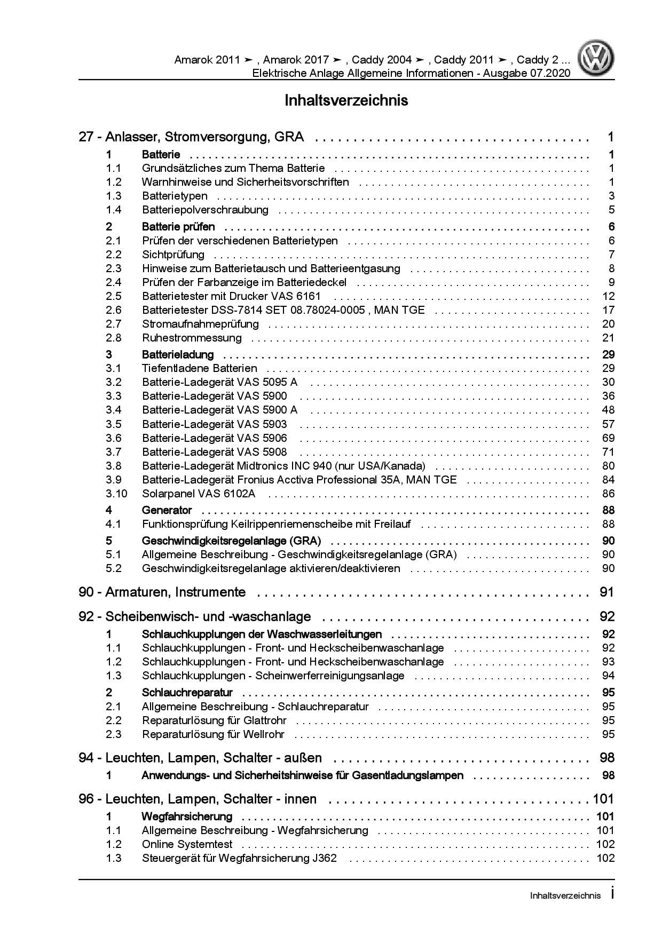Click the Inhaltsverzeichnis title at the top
point(346,100)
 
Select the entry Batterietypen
point(175,196)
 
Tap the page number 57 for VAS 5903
point(608,424)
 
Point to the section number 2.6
point(114,310)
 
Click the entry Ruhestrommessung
point(192,338)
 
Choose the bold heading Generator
point(167,510)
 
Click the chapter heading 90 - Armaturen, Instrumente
point(162,592)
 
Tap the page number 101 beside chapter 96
point(603,799)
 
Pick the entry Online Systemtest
point(187,844)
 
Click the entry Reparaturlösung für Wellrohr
point(213,734)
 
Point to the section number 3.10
point(116,494)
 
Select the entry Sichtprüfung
point(173,255)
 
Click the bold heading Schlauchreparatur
point(187,693)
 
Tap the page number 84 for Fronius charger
point(608,480)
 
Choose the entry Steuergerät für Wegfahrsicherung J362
point(239,858)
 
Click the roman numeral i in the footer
point(612,895)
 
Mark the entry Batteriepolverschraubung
point(205,210)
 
